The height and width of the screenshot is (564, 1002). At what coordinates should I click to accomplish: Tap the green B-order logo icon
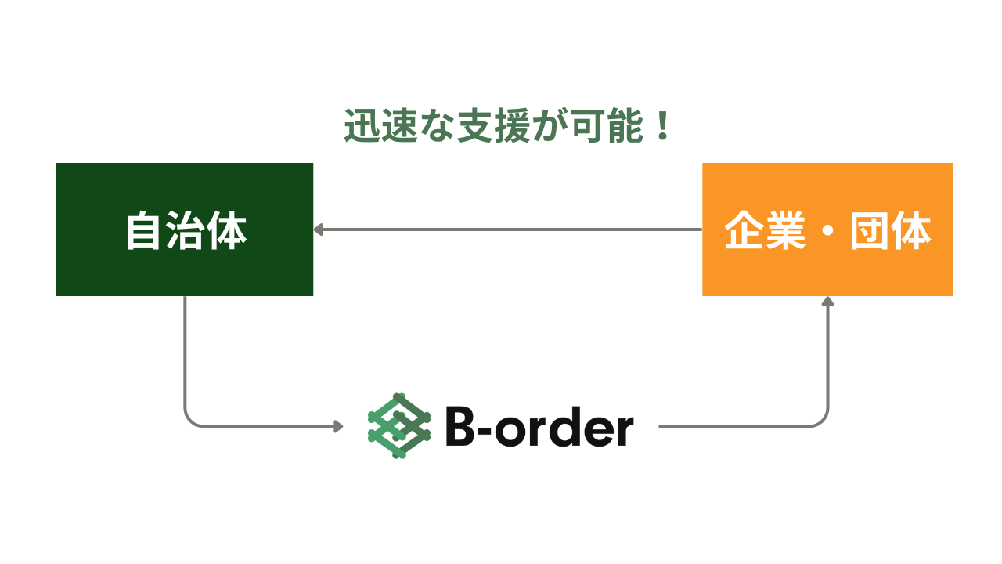click(399, 425)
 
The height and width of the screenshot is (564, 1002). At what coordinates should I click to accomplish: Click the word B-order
click(539, 428)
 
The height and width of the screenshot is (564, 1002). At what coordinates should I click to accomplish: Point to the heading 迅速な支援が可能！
click(509, 127)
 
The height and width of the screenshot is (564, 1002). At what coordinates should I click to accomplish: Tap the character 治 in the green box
click(186, 231)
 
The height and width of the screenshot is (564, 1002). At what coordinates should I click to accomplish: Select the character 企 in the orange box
click(744, 231)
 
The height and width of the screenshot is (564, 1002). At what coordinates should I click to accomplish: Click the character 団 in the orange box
click(870, 231)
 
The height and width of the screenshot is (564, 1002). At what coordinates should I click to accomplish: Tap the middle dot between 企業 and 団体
click(827, 232)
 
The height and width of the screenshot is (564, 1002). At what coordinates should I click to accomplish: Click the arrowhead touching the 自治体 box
click(318, 230)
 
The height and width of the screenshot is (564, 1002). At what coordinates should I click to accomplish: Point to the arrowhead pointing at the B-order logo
click(339, 426)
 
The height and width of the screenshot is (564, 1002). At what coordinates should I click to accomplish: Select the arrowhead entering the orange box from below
click(827, 301)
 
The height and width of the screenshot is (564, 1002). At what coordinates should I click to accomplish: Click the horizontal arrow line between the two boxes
click(509, 230)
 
